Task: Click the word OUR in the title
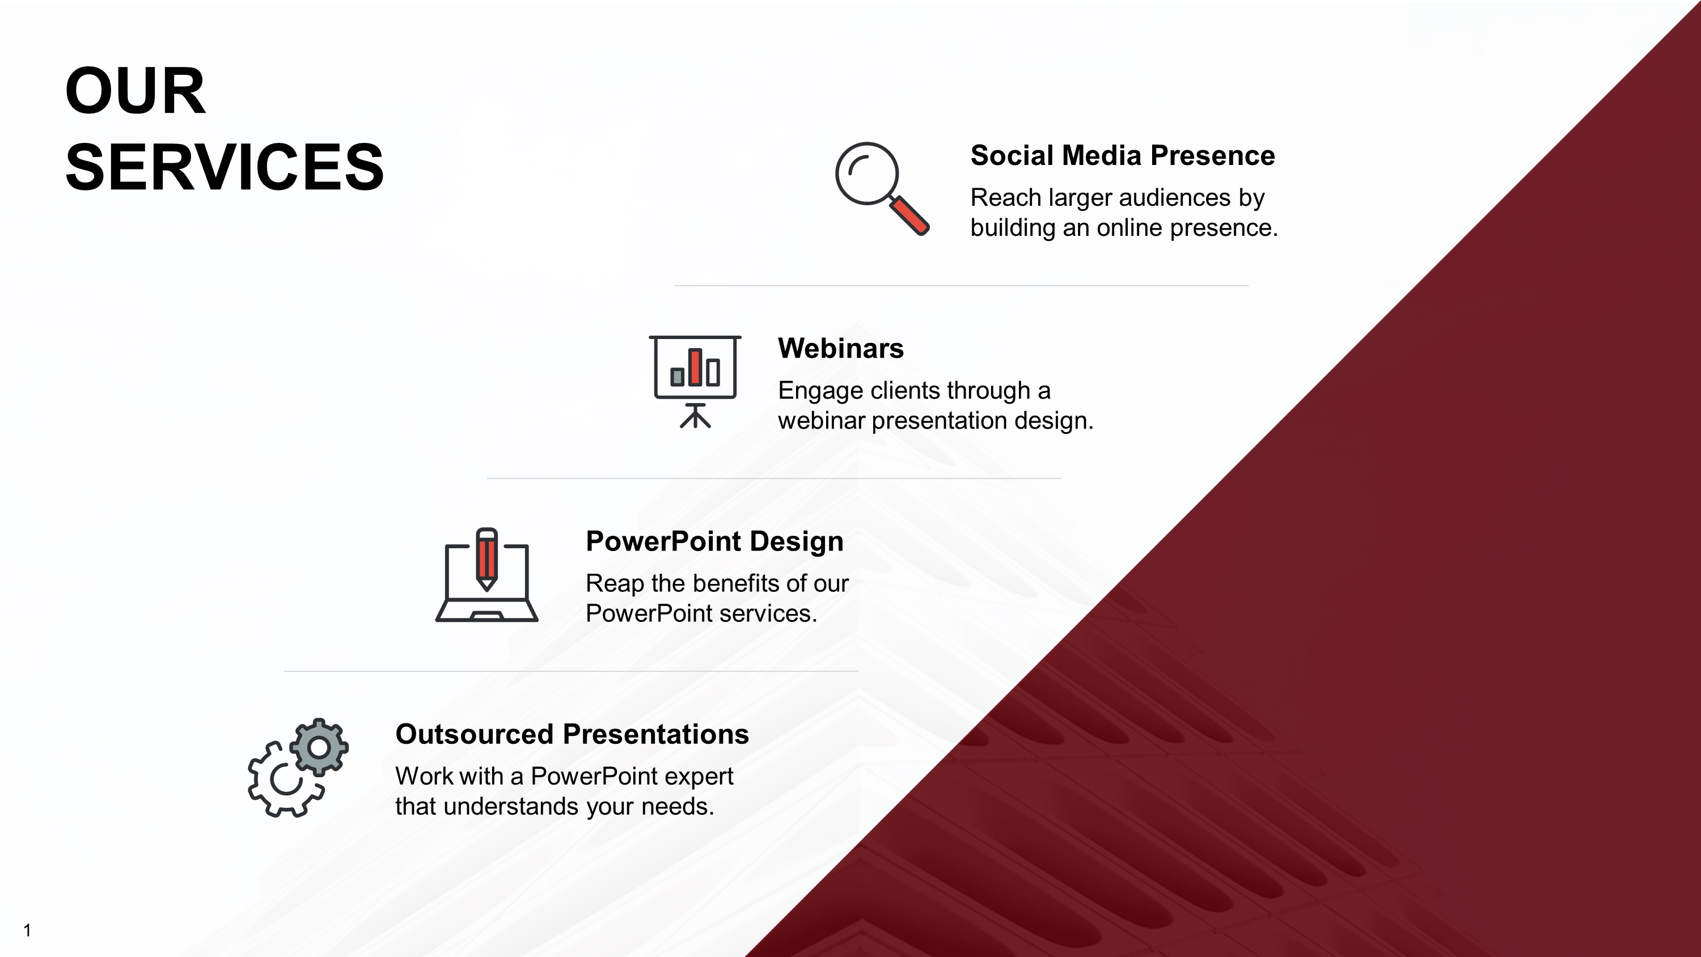click(136, 91)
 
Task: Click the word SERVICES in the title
click(225, 168)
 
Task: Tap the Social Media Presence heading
click(1122, 156)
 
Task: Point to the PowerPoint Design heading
click(714, 541)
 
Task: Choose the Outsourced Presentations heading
click(572, 734)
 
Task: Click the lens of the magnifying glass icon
click(866, 173)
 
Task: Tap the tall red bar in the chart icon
click(695, 367)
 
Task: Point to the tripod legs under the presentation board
click(695, 418)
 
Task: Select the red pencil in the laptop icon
click(486, 558)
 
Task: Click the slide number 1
click(27, 930)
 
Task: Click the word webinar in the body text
click(821, 421)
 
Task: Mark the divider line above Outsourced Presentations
click(570, 671)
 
